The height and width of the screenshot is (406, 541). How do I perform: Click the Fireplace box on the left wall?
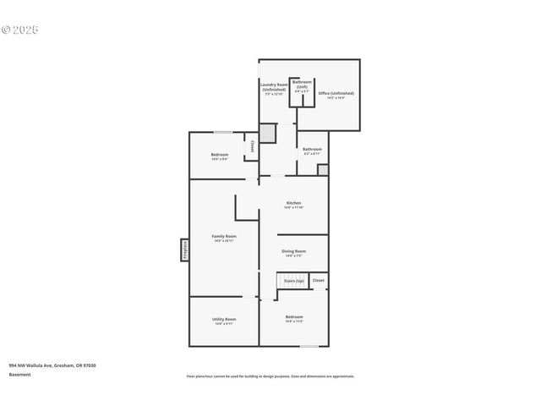[x=183, y=250]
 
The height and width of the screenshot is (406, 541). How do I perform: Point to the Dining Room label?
[x=293, y=252]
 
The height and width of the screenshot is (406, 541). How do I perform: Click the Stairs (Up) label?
[x=293, y=280]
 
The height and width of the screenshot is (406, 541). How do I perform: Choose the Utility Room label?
[x=224, y=321]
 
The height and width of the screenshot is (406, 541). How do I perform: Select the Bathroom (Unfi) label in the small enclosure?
[x=302, y=85]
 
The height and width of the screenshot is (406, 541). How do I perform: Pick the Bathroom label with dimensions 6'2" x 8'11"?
[x=312, y=151]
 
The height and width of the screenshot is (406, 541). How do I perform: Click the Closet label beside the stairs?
[x=318, y=280]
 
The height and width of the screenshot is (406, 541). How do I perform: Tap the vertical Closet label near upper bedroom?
[x=252, y=146]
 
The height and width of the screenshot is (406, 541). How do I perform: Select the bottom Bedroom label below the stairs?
[x=293, y=318]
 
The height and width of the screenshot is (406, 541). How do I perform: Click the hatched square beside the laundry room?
[x=267, y=133]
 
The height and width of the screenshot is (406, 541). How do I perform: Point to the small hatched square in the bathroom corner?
[x=322, y=170]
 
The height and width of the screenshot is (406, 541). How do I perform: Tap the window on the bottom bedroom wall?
[x=309, y=345]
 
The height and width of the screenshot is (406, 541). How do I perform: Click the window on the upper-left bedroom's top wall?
[x=222, y=132]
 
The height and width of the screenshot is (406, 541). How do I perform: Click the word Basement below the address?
[x=19, y=375]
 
